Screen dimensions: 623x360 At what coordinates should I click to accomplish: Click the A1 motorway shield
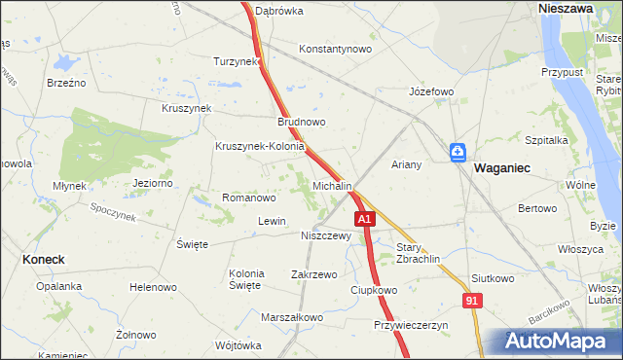tap(364, 221)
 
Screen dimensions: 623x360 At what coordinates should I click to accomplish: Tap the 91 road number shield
tap(472, 303)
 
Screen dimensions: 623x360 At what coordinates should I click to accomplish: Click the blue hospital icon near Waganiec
tap(458, 153)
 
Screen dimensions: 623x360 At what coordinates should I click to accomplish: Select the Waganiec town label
tap(501, 168)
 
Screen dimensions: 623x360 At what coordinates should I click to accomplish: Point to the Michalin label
tap(332, 185)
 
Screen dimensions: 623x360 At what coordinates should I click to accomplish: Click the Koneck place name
tap(43, 260)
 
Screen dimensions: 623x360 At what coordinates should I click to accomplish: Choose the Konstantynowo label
tap(336, 48)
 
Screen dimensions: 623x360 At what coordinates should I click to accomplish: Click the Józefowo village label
tap(431, 91)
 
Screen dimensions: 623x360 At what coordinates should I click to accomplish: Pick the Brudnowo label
tap(301, 123)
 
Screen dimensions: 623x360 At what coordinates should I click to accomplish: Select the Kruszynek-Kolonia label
tap(260, 147)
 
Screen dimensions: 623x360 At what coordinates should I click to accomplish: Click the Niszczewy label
tap(325, 235)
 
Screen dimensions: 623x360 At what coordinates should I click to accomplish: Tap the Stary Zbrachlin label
tap(419, 253)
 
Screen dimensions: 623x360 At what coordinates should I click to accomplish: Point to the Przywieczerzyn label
tap(410, 326)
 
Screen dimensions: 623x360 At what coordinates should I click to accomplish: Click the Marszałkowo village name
tap(291, 317)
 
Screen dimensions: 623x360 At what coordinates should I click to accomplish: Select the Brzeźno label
tap(66, 83)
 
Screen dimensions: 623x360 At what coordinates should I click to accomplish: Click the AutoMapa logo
tap(560, 342)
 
